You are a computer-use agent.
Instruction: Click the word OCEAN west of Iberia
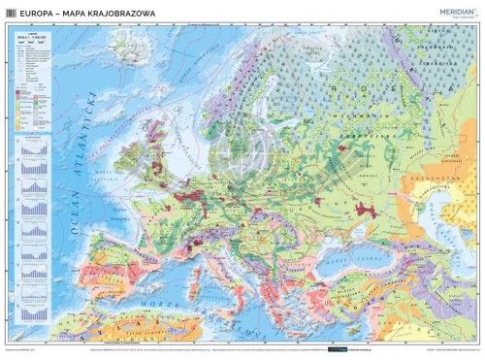pos(70,209)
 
